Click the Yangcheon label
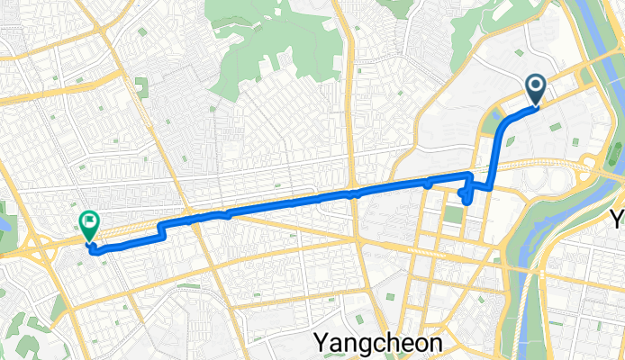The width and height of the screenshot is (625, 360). [x=378, y=343]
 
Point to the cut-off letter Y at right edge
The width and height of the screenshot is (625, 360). [x=619, y=219]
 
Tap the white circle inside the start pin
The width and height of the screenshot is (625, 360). [x=535, y=86]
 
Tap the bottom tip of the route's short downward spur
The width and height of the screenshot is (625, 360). [x=466, y=202]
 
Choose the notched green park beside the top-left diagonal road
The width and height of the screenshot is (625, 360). [x=141, y=88]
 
